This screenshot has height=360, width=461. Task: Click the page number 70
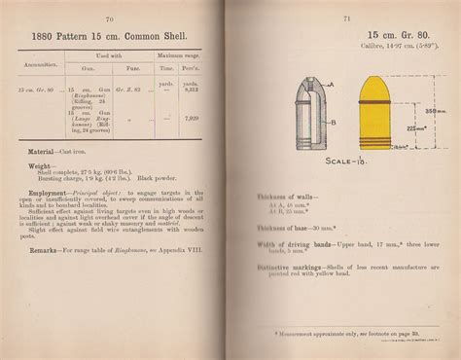[110, 18]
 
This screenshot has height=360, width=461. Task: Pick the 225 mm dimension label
[413, 126]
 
